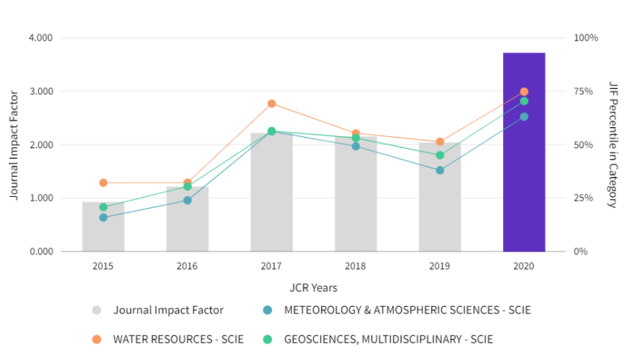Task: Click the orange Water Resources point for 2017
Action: pos(272,103)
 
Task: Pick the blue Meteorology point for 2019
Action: pos(440,171)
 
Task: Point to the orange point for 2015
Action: pos(103,183)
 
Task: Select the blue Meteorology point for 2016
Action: pos(187,201)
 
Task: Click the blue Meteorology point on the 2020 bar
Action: pos(524,117)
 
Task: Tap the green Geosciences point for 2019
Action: pos(440,156)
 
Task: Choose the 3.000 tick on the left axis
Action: pos(41,91)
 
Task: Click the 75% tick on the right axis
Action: pos(583,91)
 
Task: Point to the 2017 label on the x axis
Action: pos(272,266)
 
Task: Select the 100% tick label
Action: pos(586,38)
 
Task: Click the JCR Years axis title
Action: pos(313,287)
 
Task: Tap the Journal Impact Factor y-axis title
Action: pos(14,144)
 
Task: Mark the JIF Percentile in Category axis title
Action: pos(613,144)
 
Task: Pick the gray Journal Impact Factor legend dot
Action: pos(97,310)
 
